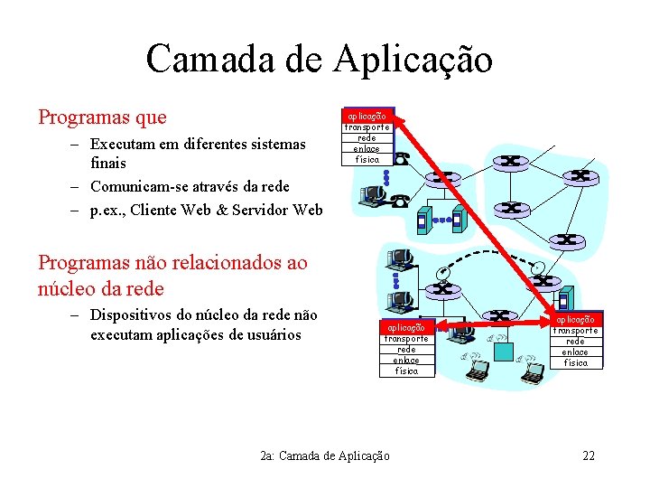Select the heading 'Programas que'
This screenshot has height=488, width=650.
pyautogui.click(x=102, y=117)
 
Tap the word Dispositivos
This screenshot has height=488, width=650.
pyautogui.click(x=134, y=315)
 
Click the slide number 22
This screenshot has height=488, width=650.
pyautogui.click(x=589, y=455)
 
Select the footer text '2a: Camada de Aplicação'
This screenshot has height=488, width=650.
pyautogui.click(x=324, y=455)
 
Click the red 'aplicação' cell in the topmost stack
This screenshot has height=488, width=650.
pyautogui.click(x=367, y=116)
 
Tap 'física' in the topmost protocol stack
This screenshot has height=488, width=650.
pyautogui.click(x=367, y=159)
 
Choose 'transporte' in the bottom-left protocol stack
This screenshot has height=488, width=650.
pyautogui.click(x=406, y=338)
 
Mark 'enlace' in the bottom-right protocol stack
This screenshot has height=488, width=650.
pyautogui.click(x=575, y=352)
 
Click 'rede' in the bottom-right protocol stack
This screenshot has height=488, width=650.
pyautogui.click(x=575, y=341)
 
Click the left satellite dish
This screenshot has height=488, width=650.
pyautogui.click(x=442, y=271)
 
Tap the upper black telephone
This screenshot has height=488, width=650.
pyautogui.click(x=403, y=157)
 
